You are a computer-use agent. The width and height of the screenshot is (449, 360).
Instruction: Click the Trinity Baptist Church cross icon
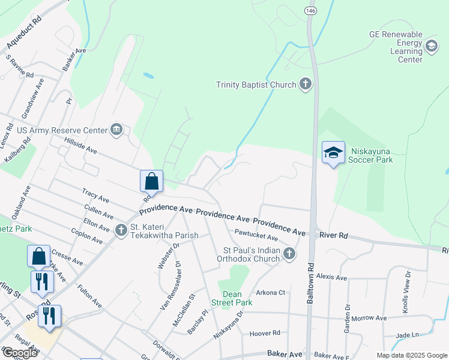[306, 84]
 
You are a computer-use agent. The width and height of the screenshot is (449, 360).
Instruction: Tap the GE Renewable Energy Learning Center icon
[431, 46]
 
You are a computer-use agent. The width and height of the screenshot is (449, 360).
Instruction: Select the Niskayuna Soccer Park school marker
[333, 153]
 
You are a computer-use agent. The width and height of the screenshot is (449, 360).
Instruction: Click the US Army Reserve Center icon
[116, 130]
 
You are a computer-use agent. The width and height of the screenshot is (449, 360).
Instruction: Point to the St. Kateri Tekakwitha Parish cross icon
[121, 229]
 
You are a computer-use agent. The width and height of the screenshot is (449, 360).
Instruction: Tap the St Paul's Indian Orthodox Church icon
[289, 254]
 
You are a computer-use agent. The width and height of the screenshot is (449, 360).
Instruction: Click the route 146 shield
[310, 11]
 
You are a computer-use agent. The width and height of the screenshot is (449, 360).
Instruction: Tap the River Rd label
[334, 236]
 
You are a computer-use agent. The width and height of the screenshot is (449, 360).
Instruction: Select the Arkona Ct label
[270, 292]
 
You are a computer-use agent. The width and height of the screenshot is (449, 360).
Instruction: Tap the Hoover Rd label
[264, 332]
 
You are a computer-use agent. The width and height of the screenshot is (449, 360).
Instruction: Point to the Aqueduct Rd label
[25, 34]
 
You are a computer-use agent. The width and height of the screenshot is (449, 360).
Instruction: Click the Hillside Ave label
[80, 144]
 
